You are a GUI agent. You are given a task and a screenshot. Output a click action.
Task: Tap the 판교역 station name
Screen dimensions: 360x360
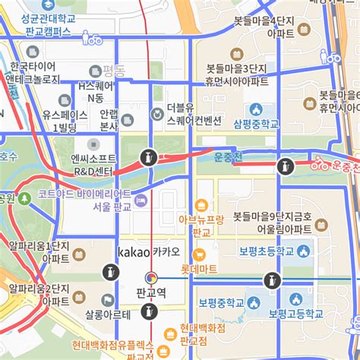point(150,292)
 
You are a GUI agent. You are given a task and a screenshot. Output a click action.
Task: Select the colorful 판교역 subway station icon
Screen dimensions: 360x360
point(150,278)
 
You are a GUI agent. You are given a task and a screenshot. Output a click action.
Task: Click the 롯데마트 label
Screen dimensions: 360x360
point(199,269)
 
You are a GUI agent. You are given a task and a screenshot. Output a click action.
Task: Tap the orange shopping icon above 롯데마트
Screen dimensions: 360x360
point(201,205)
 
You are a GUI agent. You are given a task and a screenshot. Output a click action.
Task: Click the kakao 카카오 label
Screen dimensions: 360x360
point(149,251)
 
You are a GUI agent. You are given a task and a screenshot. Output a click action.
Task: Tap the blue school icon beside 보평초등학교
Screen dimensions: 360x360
point(305,251)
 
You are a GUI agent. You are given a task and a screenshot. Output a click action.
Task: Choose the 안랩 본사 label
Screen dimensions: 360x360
point(109,120)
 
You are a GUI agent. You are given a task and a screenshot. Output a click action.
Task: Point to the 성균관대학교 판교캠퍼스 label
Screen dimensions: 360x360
point(48,24)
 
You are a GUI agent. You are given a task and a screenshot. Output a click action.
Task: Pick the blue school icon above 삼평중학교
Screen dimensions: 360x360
point(256,109)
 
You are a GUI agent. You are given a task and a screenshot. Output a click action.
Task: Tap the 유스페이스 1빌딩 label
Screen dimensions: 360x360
point(59,121)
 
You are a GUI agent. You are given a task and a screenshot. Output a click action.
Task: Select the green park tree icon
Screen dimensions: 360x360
point(25,198)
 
